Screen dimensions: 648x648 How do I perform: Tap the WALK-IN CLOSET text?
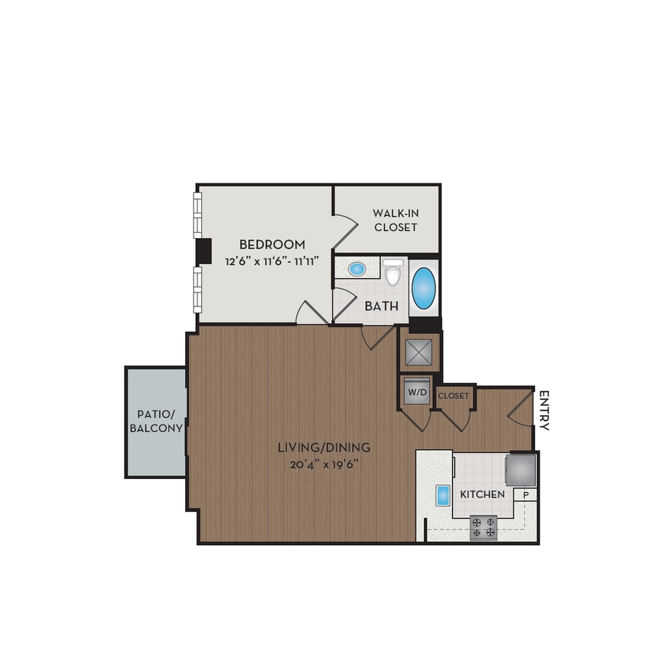[395, 220]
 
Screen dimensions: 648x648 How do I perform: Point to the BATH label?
[381, 306]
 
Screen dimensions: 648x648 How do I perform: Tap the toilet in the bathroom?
[393, 272]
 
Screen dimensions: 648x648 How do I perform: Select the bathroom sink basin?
[357, 269]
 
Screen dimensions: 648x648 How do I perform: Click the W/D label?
[416, 392]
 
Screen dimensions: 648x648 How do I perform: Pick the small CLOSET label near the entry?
[453, 395]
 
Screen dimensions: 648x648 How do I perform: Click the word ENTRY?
[544, 411]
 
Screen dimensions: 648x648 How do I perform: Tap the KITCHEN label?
[482, 494]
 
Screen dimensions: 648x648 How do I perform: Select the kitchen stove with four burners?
[484, 527]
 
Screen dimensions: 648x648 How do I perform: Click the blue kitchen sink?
[442, 495]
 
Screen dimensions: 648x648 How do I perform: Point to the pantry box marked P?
[527, 495]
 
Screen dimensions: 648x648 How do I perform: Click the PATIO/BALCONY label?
[156, 420]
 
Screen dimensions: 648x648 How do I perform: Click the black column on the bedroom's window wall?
[203, 251]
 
